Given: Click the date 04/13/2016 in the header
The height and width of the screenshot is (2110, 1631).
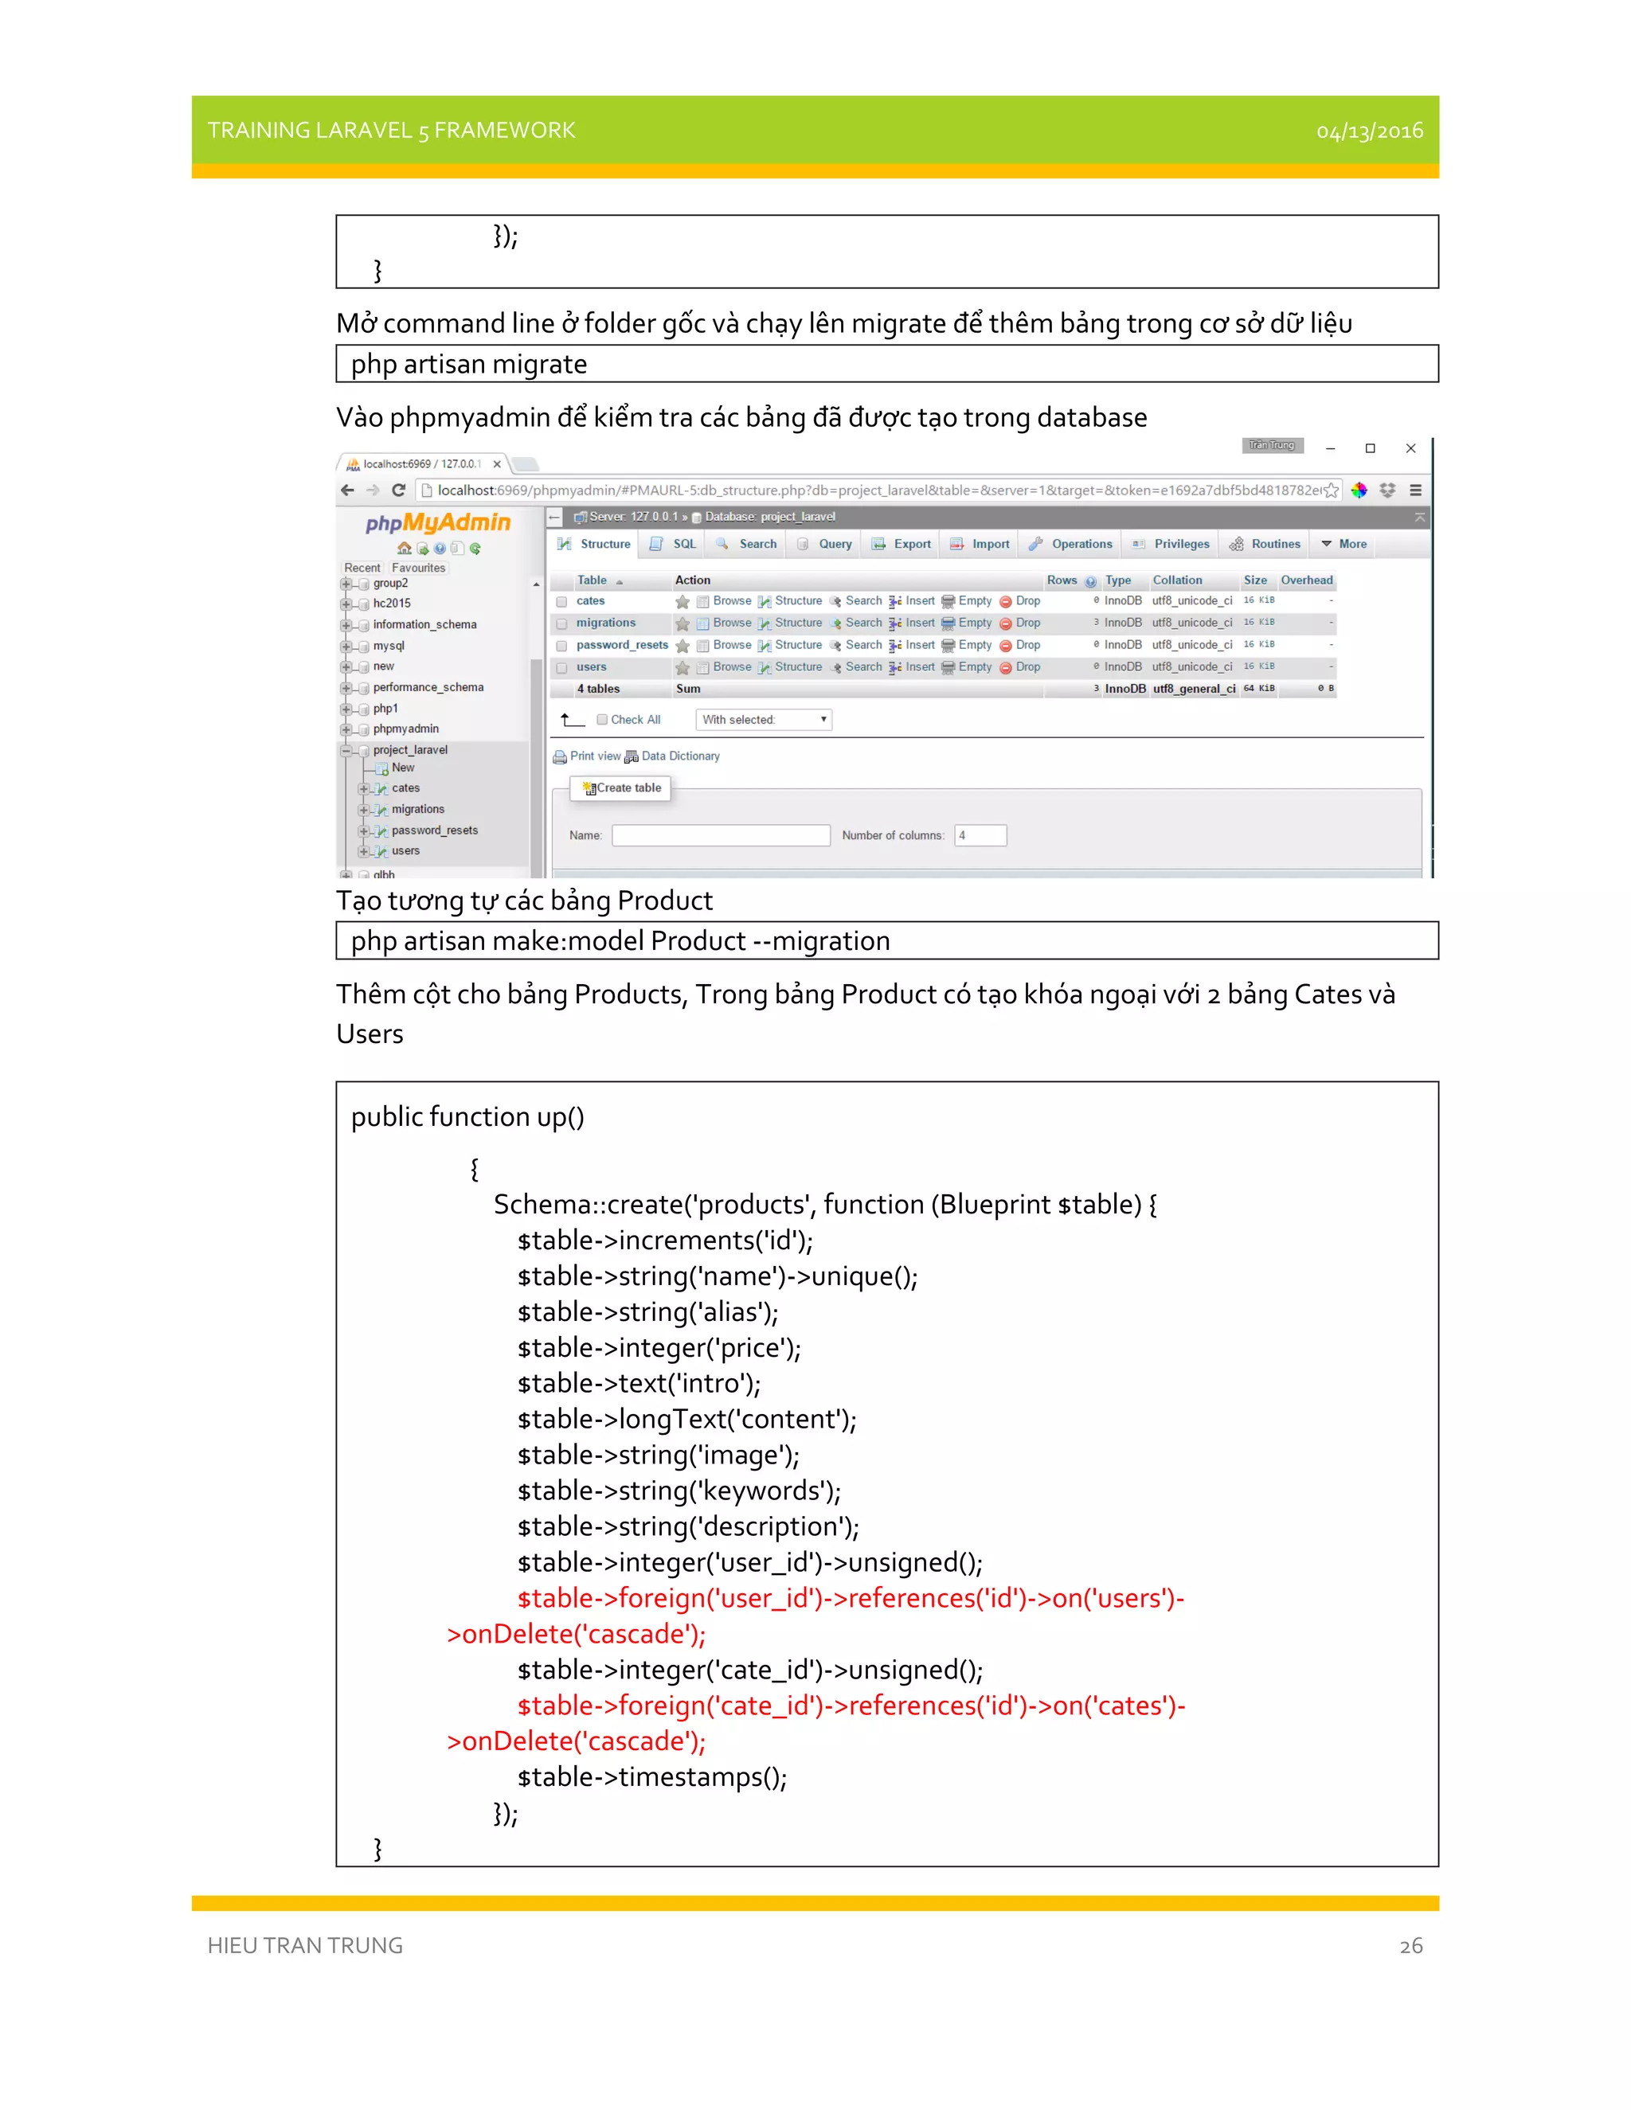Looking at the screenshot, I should pos(1368,131).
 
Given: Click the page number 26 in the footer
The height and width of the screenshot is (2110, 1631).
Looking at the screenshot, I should pos(1410,1945).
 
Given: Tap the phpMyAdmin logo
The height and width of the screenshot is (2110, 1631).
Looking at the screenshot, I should pos(438,522).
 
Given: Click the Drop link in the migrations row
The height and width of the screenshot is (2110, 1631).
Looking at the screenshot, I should pos(1027,623).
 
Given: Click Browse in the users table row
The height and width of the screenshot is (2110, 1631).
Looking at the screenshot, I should pos(731,666).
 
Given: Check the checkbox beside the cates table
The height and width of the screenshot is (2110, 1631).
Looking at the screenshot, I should pos(561,602).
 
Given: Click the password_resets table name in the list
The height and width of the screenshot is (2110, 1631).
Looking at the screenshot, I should pos(621,644).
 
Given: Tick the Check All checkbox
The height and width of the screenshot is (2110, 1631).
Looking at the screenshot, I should pos(602,720).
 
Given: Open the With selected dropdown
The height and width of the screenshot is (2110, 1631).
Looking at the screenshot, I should pos(763,720).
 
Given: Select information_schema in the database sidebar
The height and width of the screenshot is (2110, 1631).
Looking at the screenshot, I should pos(424,624).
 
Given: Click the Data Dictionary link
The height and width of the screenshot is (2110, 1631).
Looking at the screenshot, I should pos(679,756).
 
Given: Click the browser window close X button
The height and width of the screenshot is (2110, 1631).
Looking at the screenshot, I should pos(1410,448).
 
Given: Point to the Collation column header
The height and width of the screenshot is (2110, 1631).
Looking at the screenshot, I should pos(1176,580).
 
